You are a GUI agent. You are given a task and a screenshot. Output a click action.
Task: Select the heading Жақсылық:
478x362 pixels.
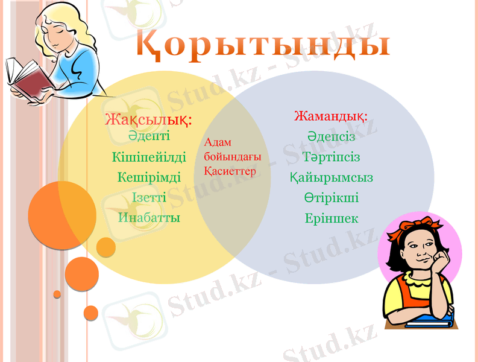coord(148,119)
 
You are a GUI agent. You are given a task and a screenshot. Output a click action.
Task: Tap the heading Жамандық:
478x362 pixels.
coord(330,115)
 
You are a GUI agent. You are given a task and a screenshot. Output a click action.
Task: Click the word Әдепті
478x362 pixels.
coord(149,136)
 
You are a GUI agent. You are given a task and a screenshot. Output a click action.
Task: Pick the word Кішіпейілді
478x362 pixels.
coord(149,157)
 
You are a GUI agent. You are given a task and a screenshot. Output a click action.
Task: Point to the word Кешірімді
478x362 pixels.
coord(149,178)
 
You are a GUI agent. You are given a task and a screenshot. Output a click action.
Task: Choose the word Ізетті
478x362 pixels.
coord(149,198)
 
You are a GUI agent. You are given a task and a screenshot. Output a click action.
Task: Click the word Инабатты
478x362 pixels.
coord(149,218)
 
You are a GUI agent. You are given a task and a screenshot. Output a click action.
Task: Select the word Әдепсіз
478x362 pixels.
coord(331,136)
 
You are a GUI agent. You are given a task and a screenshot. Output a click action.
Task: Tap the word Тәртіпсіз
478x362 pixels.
coord(331,157)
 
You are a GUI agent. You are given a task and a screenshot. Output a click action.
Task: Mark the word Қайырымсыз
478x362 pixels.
coord(331,178)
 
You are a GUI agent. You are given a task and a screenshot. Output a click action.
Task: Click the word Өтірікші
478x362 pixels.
coord(331,198)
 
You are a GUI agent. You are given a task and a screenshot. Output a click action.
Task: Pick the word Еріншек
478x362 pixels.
coord(331,218)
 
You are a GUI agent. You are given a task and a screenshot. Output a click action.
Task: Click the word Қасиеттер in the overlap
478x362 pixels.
coord(230,171)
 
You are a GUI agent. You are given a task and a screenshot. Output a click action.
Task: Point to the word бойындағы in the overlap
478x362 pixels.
coord(232,156)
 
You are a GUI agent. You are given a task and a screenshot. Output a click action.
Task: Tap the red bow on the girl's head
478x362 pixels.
coord(410,224)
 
